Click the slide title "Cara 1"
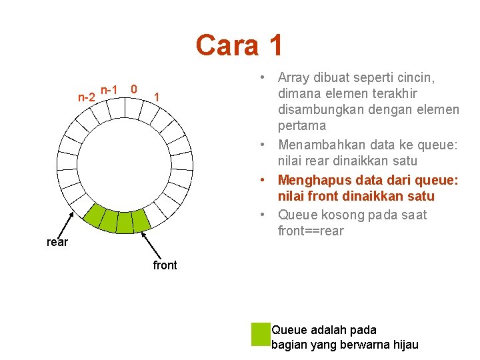[x=239, y=45]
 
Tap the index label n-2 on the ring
[x=86, y=97]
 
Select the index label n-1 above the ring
[x=109, y=89]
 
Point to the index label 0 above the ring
[x=134, y=89]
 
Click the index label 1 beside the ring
[x=156, y=97]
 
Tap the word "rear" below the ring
[x=57, y=242]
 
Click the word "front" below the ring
[x=165, y=265]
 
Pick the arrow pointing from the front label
[x=153, y=244]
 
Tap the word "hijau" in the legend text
[x=404, y=345]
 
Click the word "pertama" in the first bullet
[x=302, y=125]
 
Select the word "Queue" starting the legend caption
[x=289, y=329]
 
